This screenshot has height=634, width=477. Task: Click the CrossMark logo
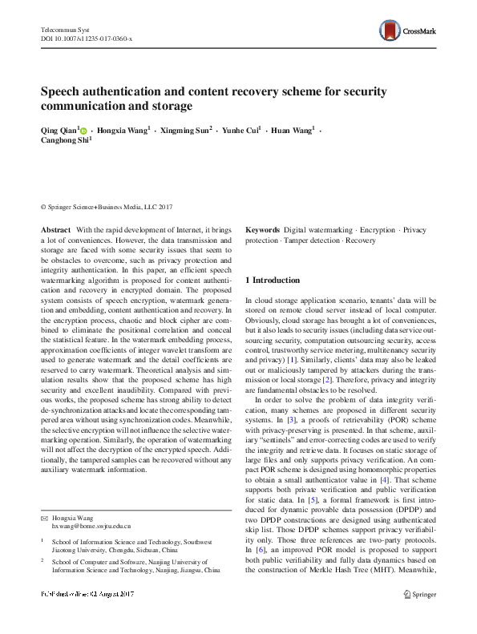coord(407,31)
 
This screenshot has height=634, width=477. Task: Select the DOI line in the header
coord(87,38)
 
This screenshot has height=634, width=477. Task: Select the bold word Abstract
coord(55,229)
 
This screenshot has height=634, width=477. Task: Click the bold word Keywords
coord(262,229)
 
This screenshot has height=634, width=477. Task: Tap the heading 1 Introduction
coord(273,280)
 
